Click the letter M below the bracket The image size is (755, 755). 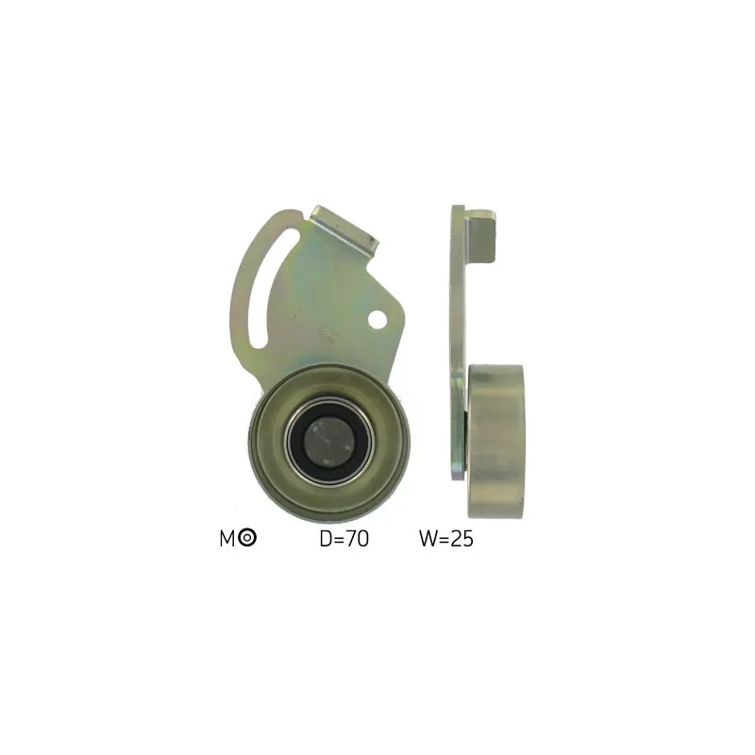226,538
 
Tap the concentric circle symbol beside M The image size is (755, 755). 247,537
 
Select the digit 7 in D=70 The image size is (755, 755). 352,539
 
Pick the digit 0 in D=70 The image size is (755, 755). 363,539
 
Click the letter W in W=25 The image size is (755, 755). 428,539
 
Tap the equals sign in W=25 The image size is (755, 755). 444,539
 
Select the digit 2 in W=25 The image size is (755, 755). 456,539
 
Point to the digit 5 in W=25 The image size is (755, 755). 468,539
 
